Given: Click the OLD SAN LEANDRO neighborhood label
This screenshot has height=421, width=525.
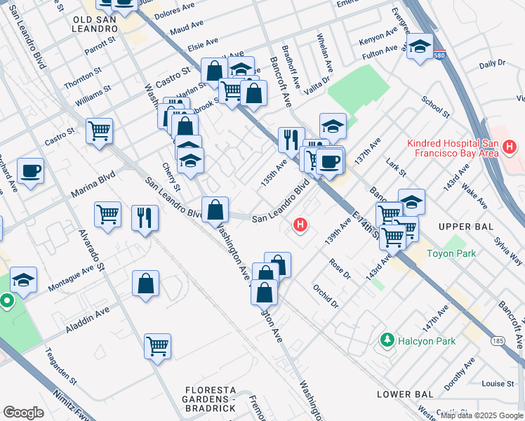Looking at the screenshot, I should point(95,23).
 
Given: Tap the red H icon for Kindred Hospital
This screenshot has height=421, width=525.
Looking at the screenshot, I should point(510,148).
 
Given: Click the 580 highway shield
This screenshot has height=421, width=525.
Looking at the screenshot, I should point(439,57).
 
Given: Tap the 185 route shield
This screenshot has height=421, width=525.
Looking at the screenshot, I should point(498,341).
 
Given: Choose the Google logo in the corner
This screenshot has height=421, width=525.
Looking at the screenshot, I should point(23,413).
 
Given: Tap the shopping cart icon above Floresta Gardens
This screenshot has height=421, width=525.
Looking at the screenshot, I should point(158,345).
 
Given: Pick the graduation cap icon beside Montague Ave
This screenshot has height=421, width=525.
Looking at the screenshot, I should point(23,281).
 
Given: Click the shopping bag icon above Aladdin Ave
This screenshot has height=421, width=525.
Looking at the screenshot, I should point(145,283).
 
